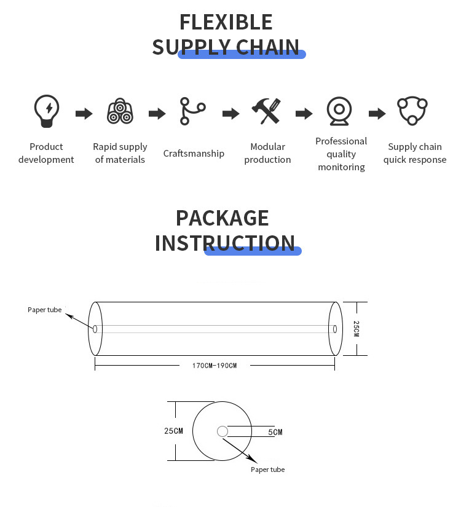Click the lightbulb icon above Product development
[x=46, y=111]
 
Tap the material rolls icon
[x=120, y=111]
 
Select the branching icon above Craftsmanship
[x=192, y=111]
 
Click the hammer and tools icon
[x=267, y=111]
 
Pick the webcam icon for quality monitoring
[x=339, y=111]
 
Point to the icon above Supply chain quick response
[x=412, y=111]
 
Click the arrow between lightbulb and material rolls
[x=84, y=114]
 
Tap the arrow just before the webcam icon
[x=304, y=114]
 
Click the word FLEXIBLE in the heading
[x=226, y=22]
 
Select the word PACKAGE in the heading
[x=222, y=218]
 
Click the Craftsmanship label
[x=194, y=154]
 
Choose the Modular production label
[x=267, y=153]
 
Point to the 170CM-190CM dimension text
[x=214, y=366]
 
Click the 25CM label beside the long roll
[x=356, y=328]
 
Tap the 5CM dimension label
[x=275, y=432]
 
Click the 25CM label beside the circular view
[x=173, y=431]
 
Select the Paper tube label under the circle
[x=267, y=470]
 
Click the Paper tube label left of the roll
[x=45, y=310]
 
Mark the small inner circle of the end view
[x=222, y=431]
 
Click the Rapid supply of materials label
[x=120, y=153]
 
